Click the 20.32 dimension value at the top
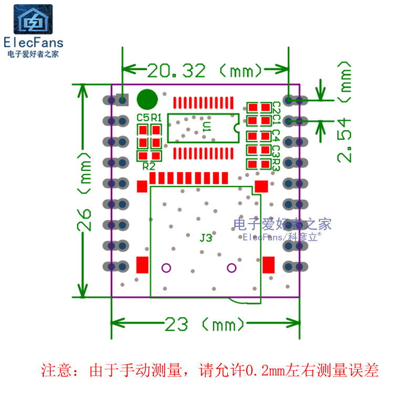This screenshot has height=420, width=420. pos(176,70)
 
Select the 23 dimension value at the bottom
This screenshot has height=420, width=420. pos(176,324)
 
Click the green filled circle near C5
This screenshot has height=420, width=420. pos(147,99)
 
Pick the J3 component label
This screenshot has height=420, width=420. pos(206,238)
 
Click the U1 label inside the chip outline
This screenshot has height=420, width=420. pos(206,126)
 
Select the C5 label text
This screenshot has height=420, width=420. pos(142,118)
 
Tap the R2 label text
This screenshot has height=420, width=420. pos(149,166)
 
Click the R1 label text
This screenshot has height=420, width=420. pos(156,118)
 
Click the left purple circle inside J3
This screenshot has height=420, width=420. pos(166,268)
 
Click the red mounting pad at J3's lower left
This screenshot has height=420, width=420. pos(142,265)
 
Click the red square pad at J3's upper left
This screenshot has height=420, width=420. pos(142,186)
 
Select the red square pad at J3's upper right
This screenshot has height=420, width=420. pos(261,185)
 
